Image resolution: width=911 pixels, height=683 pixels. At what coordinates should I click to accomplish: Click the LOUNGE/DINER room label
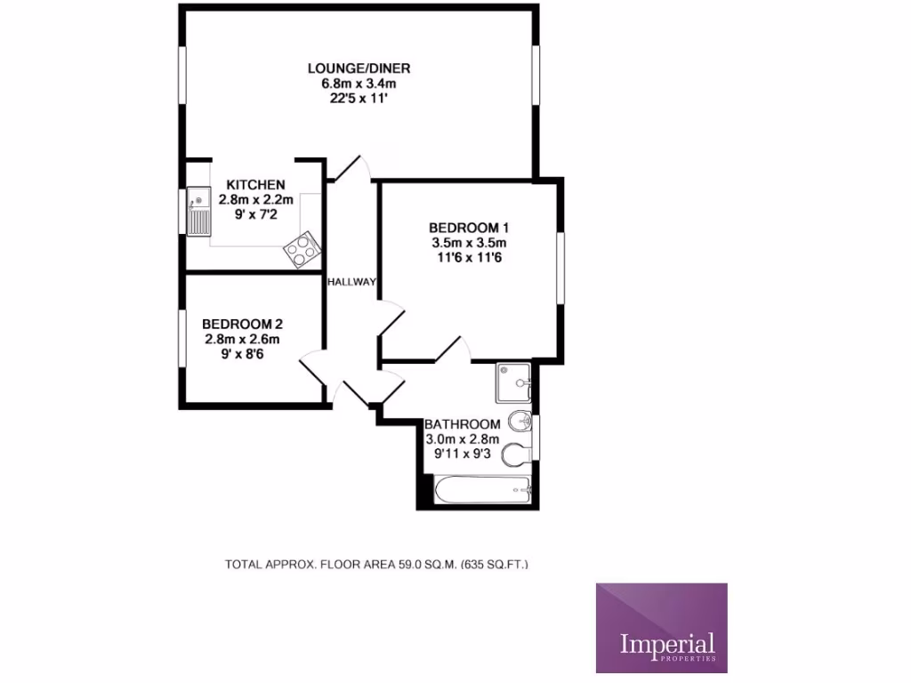click(x=359, y=68)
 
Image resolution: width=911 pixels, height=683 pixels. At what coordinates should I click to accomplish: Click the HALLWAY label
click(x=351, y=282)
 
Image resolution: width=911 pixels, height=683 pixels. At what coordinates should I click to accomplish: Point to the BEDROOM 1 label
click(x=468, y=226)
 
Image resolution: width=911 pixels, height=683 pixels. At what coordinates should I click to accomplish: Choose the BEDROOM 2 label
click(x=243, y=324)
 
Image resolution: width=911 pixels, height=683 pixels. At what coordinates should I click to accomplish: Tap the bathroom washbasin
click(x=520, y=421)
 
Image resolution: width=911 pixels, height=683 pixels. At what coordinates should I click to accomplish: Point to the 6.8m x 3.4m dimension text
click(x=359, y=84)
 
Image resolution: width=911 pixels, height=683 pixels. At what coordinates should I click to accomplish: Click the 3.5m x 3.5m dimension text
click(x=468, y=242)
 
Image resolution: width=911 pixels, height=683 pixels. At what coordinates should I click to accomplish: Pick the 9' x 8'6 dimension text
click(x=243, y=354)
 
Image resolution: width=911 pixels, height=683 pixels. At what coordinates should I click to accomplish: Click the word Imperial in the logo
click(x=667, y=642)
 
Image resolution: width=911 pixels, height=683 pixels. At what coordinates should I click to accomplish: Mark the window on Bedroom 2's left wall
click(x=181, y=336)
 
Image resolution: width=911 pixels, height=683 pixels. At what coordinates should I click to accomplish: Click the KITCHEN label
click(x=255, y=185)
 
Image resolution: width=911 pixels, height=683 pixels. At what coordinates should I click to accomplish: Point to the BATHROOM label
click(x=462, y=424)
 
